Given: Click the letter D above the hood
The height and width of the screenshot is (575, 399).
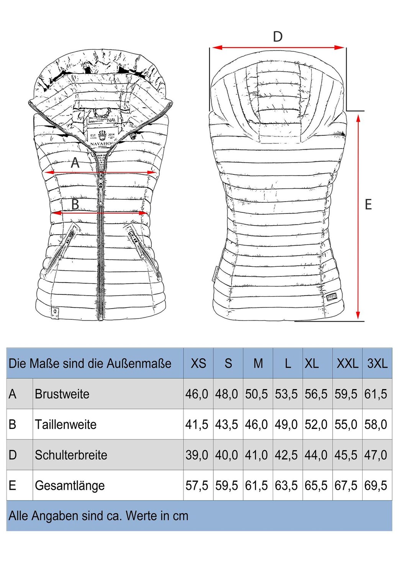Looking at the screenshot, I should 278,37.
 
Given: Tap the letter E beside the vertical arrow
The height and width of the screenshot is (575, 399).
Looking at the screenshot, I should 368,205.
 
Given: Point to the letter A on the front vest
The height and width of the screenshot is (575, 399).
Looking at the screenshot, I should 75,163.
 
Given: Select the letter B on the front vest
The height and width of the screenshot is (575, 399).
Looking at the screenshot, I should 75,204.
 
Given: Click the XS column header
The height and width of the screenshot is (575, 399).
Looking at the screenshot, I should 198,363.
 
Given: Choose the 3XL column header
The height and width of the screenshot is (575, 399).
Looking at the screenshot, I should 377,363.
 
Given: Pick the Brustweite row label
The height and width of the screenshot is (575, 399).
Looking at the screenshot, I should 62,394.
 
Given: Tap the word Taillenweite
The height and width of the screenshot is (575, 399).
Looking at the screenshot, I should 65,424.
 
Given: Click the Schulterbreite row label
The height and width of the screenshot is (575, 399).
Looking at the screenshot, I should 71,455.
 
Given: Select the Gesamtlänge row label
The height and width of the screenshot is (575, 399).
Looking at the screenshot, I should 70,486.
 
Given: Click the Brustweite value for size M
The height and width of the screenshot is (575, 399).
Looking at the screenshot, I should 257,394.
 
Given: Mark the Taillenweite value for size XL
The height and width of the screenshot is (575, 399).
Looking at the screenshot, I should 316,424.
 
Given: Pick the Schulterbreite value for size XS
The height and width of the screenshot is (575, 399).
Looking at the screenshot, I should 197,455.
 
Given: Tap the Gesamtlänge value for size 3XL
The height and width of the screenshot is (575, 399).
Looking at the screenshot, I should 376,486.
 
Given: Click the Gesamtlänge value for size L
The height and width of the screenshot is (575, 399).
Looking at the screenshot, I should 286,486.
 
